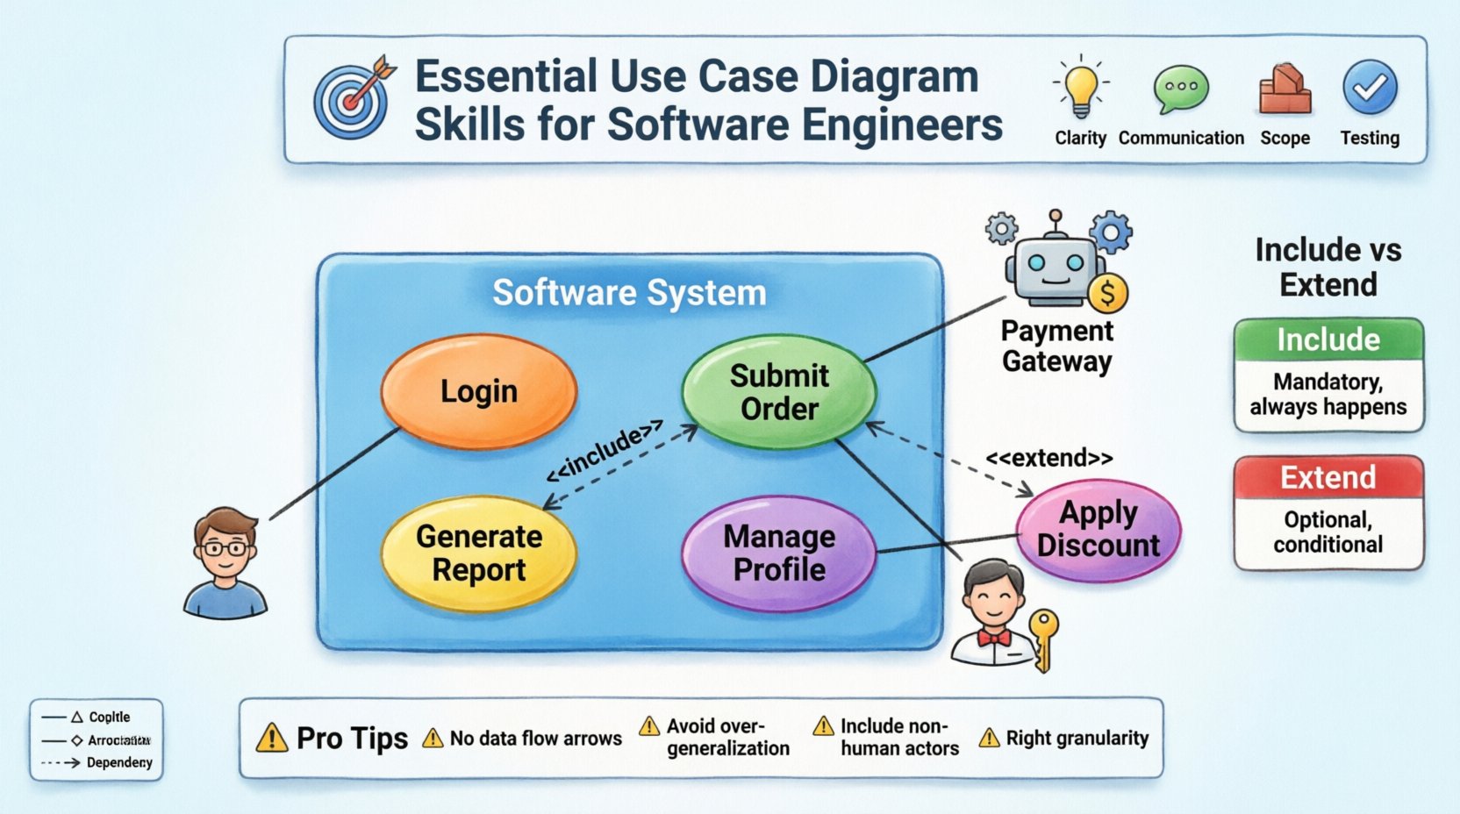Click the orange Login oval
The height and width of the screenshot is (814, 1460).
coord(478,391)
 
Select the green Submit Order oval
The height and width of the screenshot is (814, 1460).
coord(779,392)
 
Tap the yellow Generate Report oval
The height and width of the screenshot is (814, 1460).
coord(478,553)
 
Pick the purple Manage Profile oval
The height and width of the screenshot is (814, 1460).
coord(779,553)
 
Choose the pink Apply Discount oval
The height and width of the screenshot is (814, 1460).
coord(1099,529)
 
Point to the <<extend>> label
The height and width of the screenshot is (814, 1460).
coord(1048,458)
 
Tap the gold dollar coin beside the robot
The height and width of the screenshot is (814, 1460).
coord(1107,294)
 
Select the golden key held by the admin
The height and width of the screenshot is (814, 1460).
coord(1043,636)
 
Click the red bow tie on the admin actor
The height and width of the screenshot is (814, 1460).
coord(993,638)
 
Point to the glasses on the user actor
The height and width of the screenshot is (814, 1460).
coord(225,549)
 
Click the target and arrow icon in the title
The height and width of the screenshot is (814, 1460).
coord(354,98)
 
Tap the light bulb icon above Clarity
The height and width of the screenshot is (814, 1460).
coord(1080,89)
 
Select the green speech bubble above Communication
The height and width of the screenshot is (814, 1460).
coord(1181,89)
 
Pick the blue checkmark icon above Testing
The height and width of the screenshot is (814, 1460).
coord(1369,88)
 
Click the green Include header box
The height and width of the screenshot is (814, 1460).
coord(1328,340)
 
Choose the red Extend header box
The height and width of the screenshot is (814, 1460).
coord(1328,478)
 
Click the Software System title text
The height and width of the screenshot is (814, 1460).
coord(628,293)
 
